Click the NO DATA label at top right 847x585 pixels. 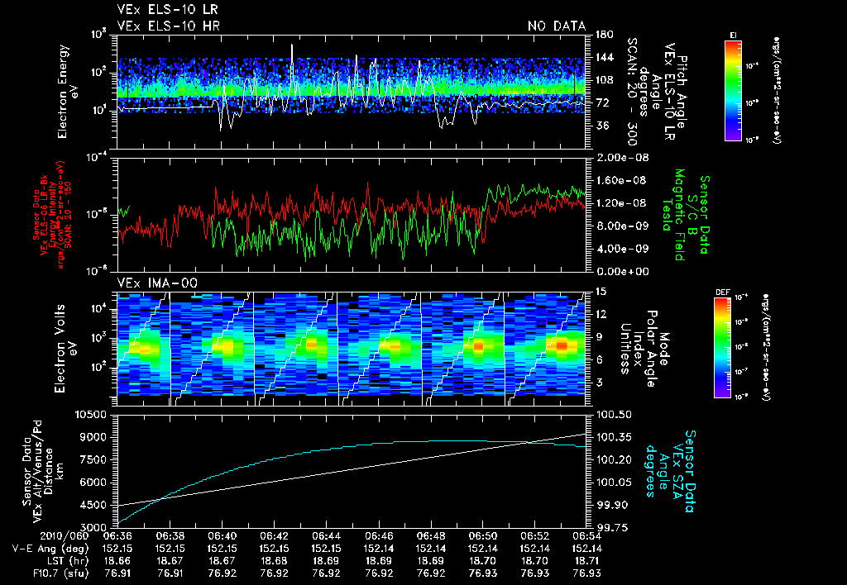pyautogui.click(x=556, y=26)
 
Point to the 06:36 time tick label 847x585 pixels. pyautogui.click(x=117, y=535)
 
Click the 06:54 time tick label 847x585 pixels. pyautogui.click(x=586, y=535)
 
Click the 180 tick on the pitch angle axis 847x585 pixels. pyautogui.click(x=601, y=34)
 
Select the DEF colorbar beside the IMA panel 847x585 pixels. pyautogui.click(x=733, y=347)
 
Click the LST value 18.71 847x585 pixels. pyautogui.click(x=586, y=559)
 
